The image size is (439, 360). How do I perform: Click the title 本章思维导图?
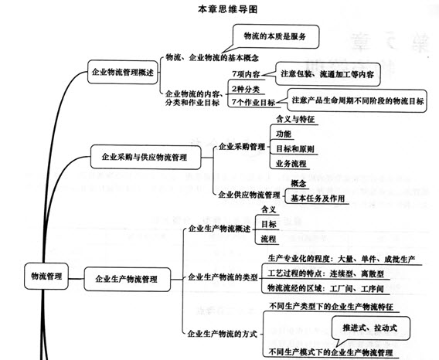227,9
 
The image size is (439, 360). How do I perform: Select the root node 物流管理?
46,277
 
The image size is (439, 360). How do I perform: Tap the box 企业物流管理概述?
123,72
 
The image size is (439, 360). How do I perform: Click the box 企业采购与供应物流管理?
145,157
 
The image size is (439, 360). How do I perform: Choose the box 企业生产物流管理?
127,279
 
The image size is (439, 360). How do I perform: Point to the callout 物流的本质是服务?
275,36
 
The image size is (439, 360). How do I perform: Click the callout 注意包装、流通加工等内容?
327,74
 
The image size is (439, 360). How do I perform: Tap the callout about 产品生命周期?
356,100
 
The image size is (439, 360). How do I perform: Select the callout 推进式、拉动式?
370,328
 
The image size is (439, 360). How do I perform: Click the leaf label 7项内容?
246,74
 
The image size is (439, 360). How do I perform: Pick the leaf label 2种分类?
246,90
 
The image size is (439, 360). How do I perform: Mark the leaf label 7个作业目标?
254,103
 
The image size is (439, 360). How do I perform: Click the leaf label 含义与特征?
295,119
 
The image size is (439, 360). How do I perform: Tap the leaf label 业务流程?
291,164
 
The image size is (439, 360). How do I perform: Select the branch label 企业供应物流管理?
249,195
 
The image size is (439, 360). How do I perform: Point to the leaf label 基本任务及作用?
318,199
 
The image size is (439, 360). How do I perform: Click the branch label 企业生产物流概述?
219,229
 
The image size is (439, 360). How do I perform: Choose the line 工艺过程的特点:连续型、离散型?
325,273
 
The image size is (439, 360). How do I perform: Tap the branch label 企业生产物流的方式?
222,334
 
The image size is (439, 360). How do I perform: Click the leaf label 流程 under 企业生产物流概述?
268,239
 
